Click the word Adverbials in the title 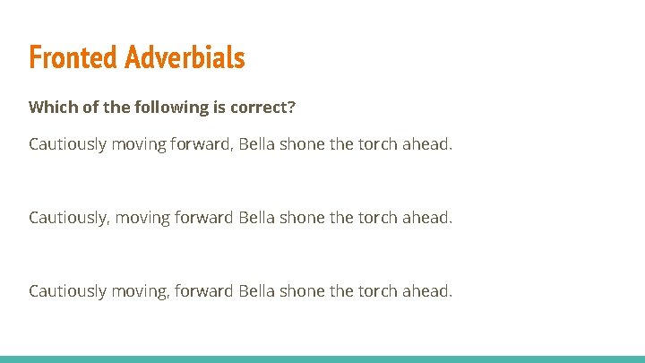pyautogui.click(x=185, y=57)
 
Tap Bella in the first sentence pyautogui.click(x=258, y=144)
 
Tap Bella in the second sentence pyautogui.click(x=258, y=218)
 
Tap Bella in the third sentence pyautogui.click(x=258, y=291)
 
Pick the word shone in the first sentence pyautogui.click(x=304, y=144)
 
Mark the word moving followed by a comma pyautogui.click(x=138, y=291)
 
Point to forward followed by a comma pyautogui.click(x=202, y=144)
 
